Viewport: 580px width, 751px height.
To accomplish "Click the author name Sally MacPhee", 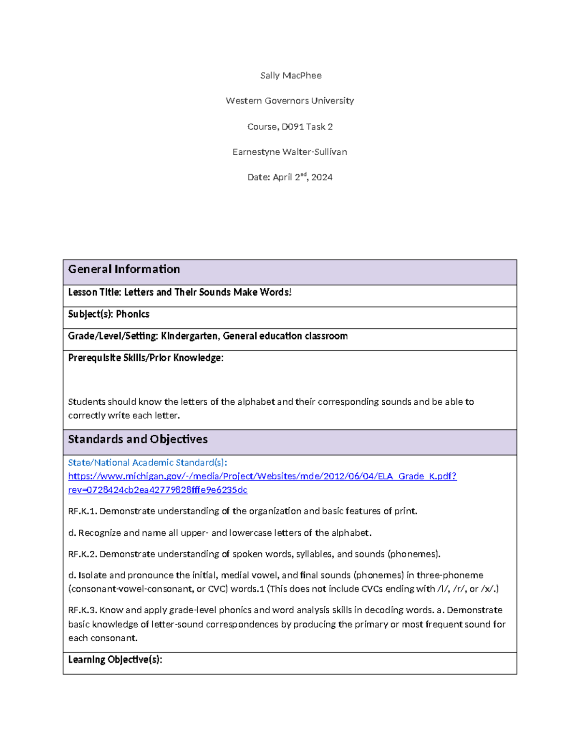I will pyautogui.click(x=290, y=75).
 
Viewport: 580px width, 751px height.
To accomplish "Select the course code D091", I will pyautogui.click(x=292, y=127).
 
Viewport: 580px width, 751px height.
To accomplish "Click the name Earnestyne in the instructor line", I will pyautogui.click(x=256, y=152).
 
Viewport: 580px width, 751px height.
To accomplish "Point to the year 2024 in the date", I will pyautogui.click(x=322, y=177).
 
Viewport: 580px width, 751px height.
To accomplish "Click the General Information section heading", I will pyautogui.click(x=124, y=269).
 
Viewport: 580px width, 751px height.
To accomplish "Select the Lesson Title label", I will pyautogui.click(x=94, y=292).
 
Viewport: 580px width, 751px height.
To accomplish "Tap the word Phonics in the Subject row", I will pyautogui.click(x=132, y=314).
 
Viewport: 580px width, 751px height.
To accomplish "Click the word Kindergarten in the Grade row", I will pyautogui.click(x=189, y=336).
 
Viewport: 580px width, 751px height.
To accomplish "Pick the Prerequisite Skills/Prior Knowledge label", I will pyautogui.click(x=145, y=358).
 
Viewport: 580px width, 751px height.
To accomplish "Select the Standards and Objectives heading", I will pyautogui.click(x=138, y=439).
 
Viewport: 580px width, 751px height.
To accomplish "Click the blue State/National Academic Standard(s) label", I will pyautogui.click(x=147, y=463).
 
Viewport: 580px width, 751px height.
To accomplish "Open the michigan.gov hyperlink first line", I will pyautogui.click(x=262, y=476).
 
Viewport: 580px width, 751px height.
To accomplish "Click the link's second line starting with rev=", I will pyautogui.click(x=158, y=490).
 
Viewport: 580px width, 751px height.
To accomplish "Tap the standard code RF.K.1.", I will pyautogui.click(x=83, y=511).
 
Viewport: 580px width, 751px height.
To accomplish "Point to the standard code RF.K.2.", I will pyautogui.click(x=83, y=554).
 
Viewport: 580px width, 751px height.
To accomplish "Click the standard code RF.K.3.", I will pyautogui.click(x=83, y=610).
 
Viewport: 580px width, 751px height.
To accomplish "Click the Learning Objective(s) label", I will pyautogui.click(x=115, y=660).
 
